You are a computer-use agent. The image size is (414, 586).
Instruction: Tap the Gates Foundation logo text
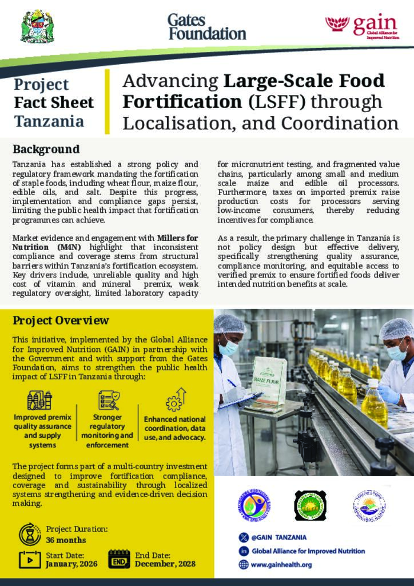tap(206, 26)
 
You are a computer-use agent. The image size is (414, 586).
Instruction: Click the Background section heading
tap(46, 149)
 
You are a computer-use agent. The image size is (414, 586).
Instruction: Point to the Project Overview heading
tap(61, 320)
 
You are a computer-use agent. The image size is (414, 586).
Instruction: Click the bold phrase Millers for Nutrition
tap(177, 237)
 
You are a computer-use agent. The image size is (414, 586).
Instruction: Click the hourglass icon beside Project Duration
tap(29, 534)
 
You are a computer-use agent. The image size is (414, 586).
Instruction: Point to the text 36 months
tap(66, 540)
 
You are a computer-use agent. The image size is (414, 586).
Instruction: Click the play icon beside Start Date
tap(30, 559)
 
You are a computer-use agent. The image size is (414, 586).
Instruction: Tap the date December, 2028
tap(165, 564)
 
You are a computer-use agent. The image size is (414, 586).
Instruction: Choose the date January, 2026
tap(71, 564)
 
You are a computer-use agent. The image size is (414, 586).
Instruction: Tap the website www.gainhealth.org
tap(281, 564)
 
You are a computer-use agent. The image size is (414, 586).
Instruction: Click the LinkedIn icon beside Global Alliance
tap(244, 551)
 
